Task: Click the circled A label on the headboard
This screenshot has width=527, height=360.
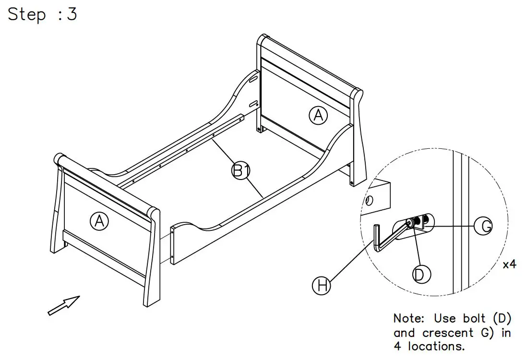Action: (x=318, y=116)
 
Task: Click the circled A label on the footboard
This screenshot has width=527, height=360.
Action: (x=99, y=221)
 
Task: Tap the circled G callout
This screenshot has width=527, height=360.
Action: (x=486, y=226)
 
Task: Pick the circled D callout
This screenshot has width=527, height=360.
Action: (x=421, y=274)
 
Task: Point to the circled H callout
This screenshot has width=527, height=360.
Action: (x=322, y=286)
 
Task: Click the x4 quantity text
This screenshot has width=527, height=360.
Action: (x=509, y=264)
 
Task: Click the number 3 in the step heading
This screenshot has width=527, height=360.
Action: (x=72, y=14)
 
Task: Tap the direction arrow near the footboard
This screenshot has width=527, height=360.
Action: (x=63, y=306)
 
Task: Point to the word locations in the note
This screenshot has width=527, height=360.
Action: (x=436, y=346)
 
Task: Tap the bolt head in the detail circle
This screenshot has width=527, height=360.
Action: (x=411, y=222)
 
